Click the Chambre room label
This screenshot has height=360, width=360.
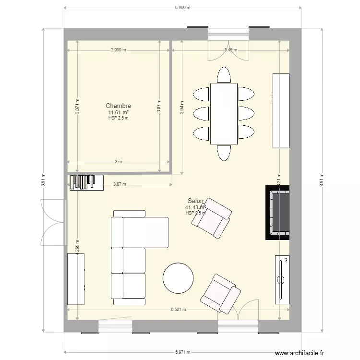point(119,106)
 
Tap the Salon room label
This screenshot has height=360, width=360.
point(196,202)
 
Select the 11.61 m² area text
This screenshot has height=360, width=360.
point(119,112)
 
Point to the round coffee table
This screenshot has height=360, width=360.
point(178,278)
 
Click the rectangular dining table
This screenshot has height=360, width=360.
point(224,114)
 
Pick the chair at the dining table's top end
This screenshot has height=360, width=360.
point(224,75)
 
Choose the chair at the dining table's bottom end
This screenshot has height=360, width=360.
point(224,152)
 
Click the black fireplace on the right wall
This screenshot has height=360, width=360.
point(278,212)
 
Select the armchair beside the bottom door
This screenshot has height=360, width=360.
point(220,293)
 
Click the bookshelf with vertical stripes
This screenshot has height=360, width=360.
point(86,182)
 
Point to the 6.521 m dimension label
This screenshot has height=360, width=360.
point(178,310)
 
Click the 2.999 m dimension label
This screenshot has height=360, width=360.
point(119,49)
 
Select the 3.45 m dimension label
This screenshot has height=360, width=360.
point(231,49)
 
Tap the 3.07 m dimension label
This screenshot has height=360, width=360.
point(120,184)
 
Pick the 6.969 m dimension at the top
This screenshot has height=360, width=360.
point(182,8)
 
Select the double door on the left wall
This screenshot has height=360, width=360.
point(53,222)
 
